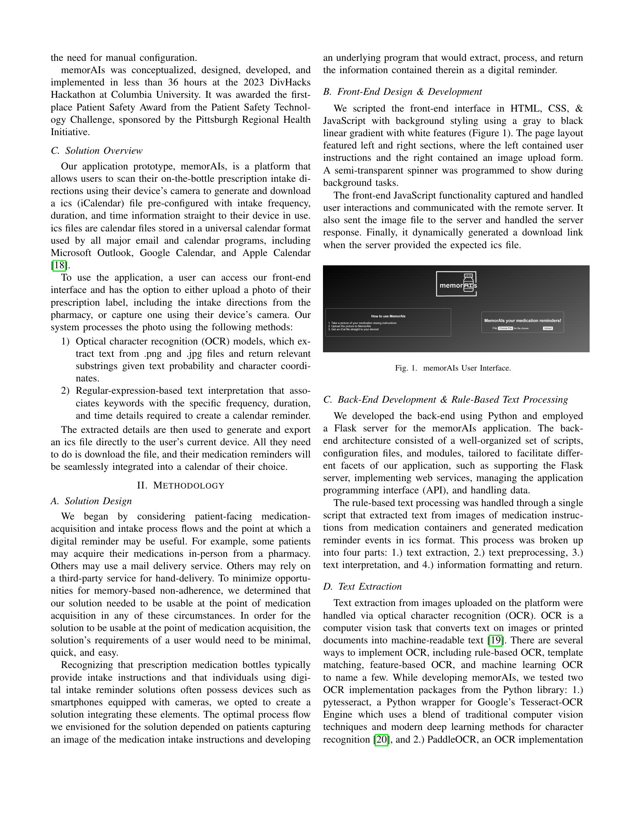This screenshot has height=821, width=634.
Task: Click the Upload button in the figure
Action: tap(547, 328)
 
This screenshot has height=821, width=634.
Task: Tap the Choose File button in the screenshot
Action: tap(505, 328)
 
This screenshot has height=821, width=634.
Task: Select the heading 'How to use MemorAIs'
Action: tap(388, 316)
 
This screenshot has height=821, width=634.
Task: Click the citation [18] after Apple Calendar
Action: tap(59, 265)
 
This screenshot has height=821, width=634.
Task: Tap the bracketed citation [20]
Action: tap(381, 739)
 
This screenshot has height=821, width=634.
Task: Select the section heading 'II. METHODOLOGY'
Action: tap(181, 485)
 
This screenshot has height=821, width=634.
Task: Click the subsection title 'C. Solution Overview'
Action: tap(97, 151)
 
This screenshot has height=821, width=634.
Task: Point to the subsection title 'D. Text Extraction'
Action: tap(362, 586)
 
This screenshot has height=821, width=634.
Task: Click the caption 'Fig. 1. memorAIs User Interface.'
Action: tap(453, 368)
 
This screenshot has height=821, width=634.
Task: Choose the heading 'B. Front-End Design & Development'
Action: tap(402, 92)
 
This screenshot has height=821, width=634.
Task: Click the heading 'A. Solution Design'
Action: tap(91, 501)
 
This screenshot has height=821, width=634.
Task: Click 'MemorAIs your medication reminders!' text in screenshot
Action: tap(522, 321)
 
